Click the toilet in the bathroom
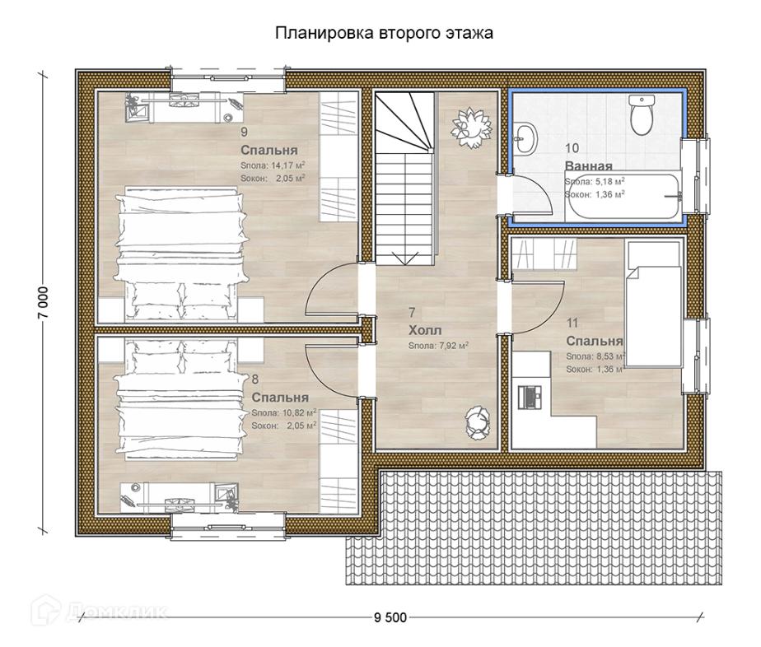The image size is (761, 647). coord(641,114)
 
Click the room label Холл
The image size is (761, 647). coord(425,330)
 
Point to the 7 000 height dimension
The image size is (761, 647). coord(43,302)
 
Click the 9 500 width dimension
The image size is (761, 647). coord(390,617)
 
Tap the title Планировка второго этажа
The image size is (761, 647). coord(384,33)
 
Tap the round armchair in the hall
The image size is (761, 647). coord(478,423)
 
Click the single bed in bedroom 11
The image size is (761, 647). coord(654,304)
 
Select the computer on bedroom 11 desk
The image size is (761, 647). coord(530,397)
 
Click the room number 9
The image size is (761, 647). coord(244,132)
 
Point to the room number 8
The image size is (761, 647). coord(255,379)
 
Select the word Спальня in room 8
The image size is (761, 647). coord(280,398)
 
